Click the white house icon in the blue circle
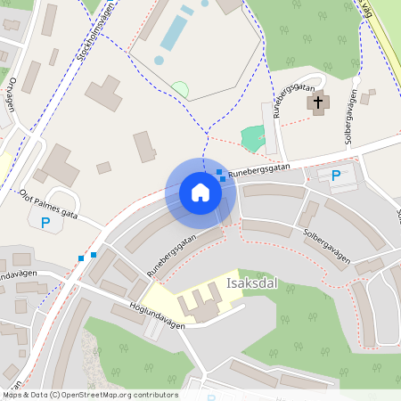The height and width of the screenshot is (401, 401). (x=200, y=192)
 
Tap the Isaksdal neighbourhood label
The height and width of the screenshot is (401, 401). (x=251, y=284)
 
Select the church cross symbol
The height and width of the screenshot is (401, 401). (x=317, y=103)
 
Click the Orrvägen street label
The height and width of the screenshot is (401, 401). (x=12, y=94)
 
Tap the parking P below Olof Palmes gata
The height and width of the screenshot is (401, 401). (x=45, y=223)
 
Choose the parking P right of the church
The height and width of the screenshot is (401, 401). (x=336, y=176)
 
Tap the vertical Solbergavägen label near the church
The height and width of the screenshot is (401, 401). (x=350, y=116)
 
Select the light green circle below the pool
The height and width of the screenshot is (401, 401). (x=180, y=89)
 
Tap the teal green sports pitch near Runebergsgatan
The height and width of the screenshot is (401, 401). (x=254, y=137)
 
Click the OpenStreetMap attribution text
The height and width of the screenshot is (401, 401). (x=89, y=394)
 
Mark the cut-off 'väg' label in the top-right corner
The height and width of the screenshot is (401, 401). (x=366, y=9)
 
